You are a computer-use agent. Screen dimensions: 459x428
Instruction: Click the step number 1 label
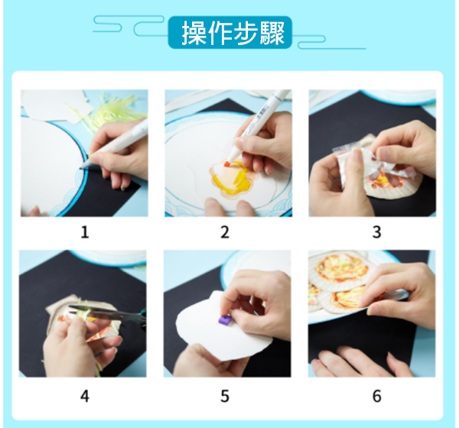click(85, 232)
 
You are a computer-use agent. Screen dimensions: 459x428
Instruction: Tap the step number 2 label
click(225, 232)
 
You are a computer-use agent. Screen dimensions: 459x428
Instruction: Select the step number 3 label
click(376, 232)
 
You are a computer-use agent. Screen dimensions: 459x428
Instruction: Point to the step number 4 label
click(85, 396)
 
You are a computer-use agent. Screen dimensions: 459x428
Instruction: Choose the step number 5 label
click(225, 396)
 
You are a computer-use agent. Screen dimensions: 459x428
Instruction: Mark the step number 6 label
click(376, 396)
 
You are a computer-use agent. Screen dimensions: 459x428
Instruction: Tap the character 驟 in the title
click(272, 33)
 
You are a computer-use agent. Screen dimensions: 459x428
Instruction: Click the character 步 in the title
click(246, 33)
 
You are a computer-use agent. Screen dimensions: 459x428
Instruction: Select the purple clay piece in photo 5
click(225, 319)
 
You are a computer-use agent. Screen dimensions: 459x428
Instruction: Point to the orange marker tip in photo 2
click(227, 164)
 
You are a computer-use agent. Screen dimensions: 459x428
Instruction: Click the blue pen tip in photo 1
click(83, 166)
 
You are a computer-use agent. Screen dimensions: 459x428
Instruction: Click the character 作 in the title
click(220, 33)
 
